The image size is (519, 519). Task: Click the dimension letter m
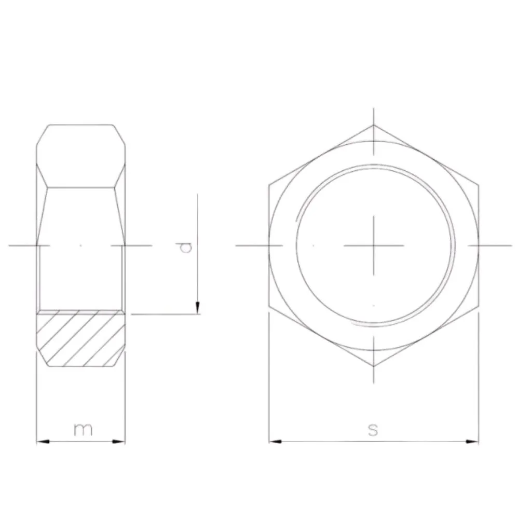(83, 429)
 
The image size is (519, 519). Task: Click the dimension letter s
(373, 430)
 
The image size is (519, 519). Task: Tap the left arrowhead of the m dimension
(43, 442)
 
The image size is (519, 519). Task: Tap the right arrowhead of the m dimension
(119, 442)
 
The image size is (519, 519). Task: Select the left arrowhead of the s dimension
(276, 441)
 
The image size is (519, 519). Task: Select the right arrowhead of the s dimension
(472, 441)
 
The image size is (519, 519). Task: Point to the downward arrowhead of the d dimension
(198, 307)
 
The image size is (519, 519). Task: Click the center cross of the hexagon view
(374, 245)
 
